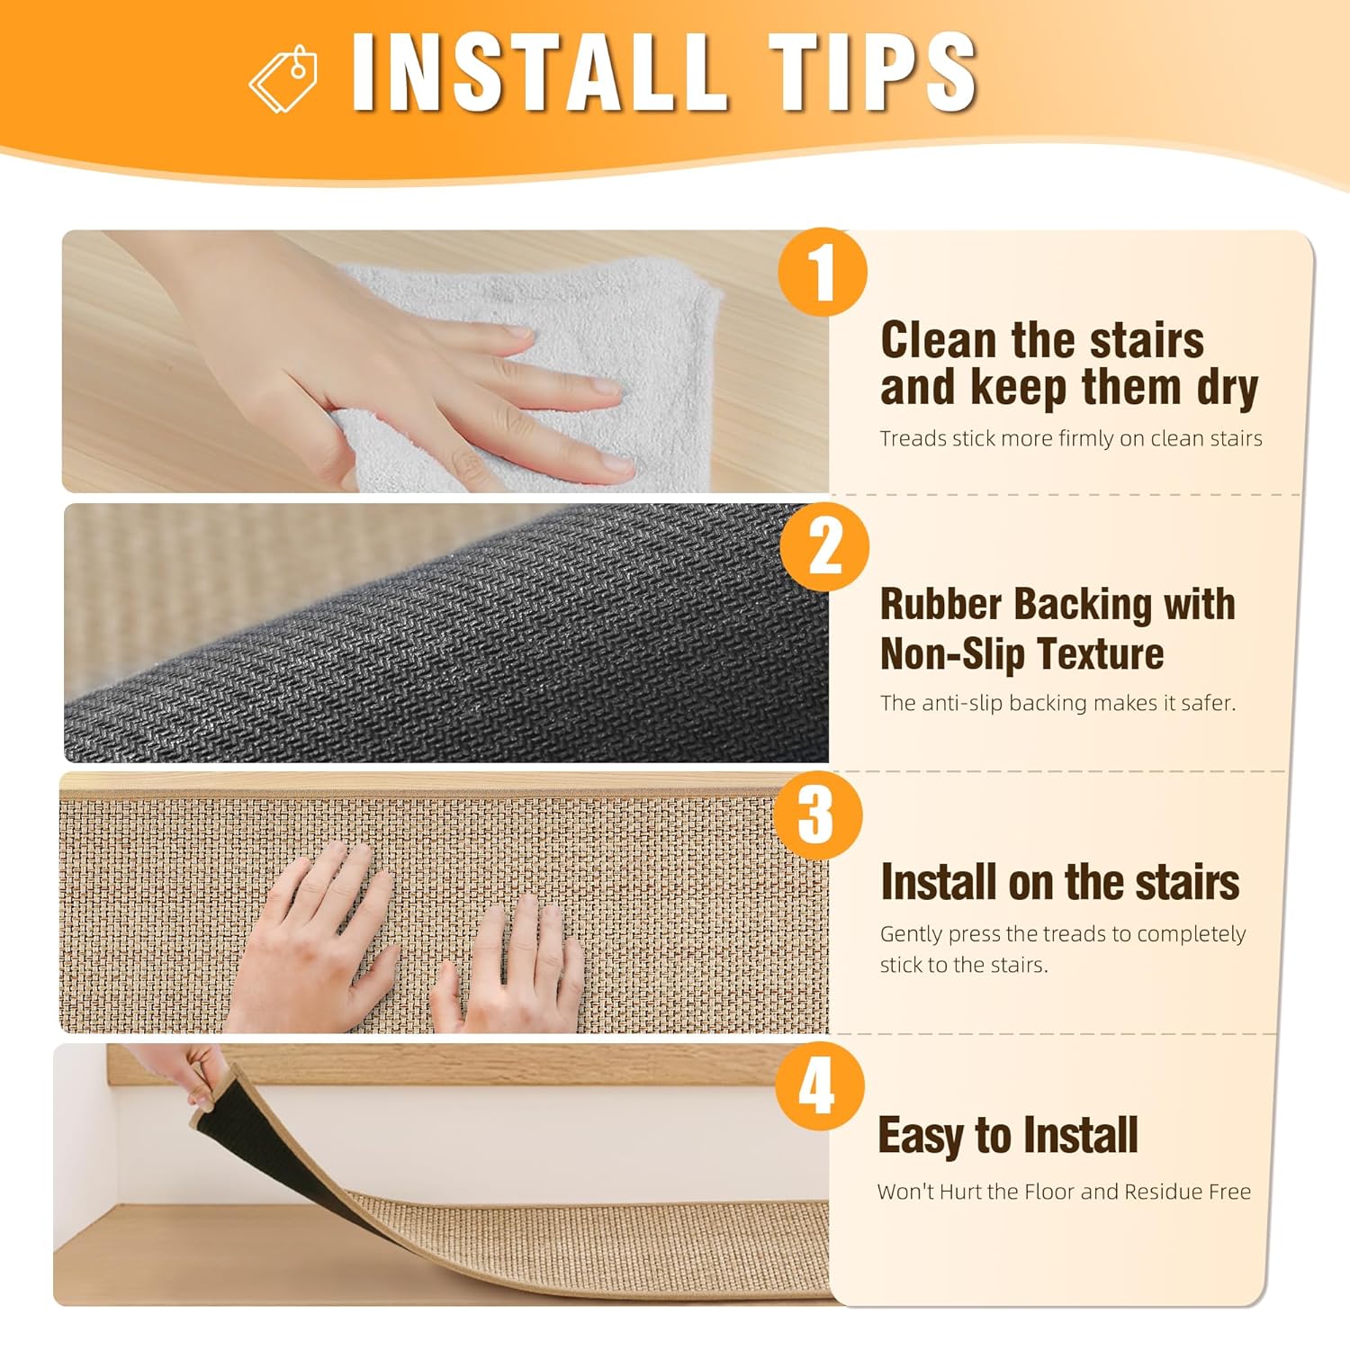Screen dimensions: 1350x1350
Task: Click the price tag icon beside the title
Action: click(283, 78)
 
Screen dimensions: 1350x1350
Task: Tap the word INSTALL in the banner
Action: click(538, 72)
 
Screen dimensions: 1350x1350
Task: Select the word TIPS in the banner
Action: click(872, 72)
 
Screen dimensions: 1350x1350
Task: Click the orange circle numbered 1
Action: click(823, 272)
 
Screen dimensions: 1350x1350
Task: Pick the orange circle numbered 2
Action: click(824, 547)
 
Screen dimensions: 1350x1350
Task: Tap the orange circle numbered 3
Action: click(817, 814)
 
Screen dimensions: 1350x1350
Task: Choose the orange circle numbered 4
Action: click(819, 1086)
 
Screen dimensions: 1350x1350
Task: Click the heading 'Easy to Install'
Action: click(1008, 1136)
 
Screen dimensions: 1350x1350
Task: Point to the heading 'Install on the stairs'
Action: click(1060, 882)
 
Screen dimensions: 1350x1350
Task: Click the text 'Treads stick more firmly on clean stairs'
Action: click(1071, 438)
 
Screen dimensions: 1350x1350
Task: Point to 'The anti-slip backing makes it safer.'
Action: click(1058, 703)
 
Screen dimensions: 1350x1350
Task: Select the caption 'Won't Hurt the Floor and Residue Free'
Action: click(1065, 1192)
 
